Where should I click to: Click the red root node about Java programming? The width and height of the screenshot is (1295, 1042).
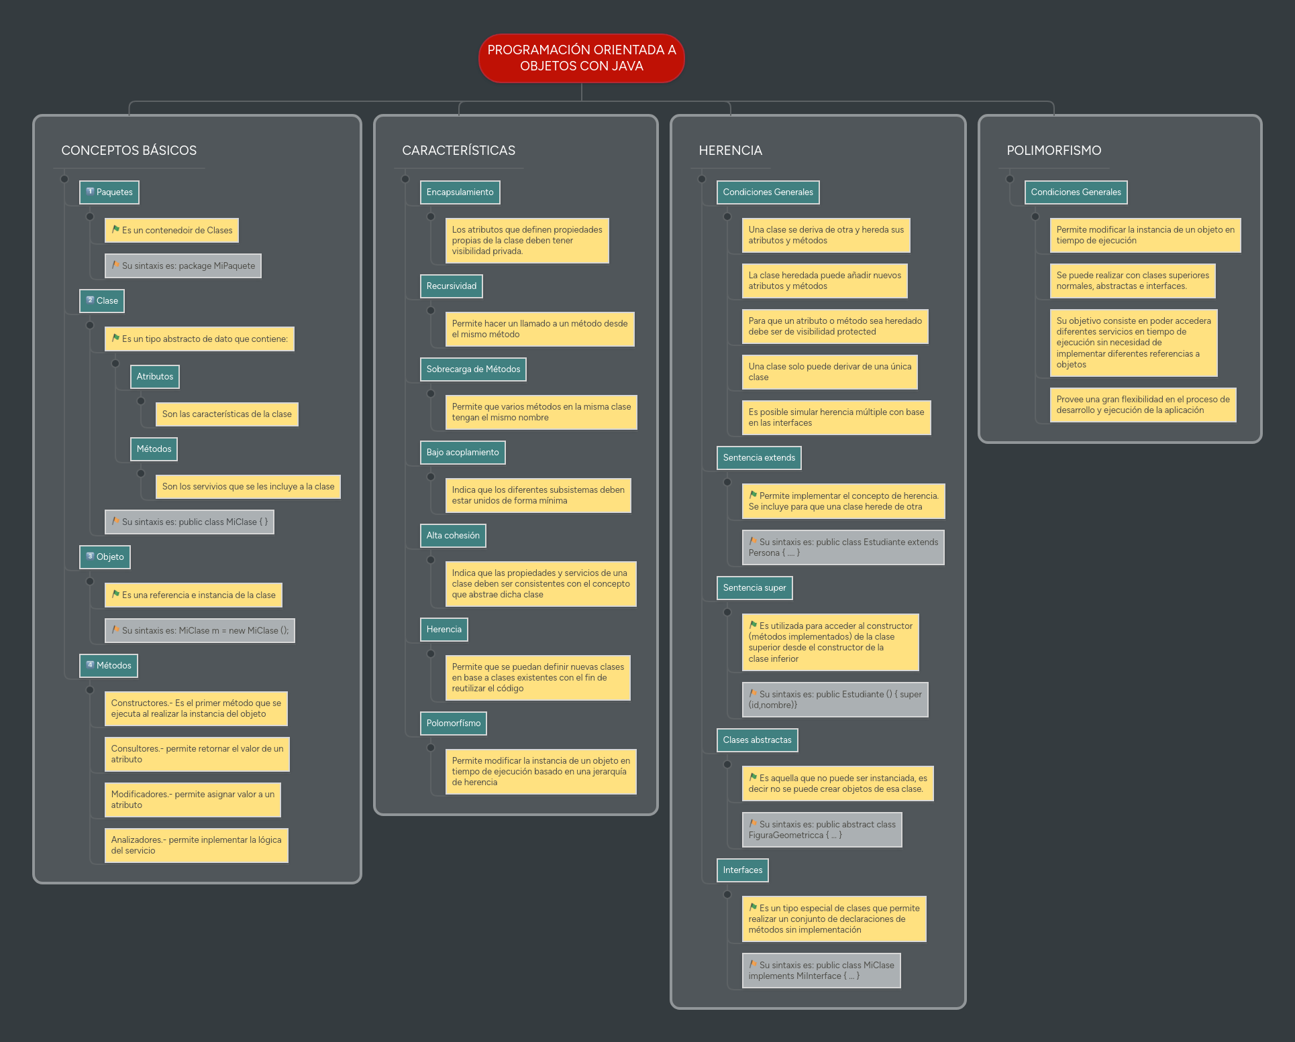click(581, 58)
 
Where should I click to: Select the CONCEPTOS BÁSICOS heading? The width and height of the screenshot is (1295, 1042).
click(129, 150)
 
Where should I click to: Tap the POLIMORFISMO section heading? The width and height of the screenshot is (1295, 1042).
click(1053, 150)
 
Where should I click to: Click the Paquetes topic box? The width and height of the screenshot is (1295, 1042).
click(109, 192)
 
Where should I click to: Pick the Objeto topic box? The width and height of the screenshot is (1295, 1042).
click(105, 557)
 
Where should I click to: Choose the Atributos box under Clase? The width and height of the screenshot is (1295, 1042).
click(155, 377)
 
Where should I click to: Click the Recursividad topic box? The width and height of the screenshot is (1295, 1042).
click(451, 286)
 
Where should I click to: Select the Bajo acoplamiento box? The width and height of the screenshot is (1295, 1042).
click(462, 453)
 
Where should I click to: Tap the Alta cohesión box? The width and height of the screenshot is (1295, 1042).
click(453, 536)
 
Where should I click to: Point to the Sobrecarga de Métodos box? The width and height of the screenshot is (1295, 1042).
click(473, 369)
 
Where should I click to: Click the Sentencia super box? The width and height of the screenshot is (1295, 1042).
click(754, 588)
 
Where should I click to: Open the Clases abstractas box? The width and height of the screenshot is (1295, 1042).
click(757, 740)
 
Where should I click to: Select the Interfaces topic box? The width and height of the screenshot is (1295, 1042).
click(742, 870)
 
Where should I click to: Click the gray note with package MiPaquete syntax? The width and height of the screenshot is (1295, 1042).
click(183, 266)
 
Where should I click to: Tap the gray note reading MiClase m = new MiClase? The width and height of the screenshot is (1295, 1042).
click(200, 631)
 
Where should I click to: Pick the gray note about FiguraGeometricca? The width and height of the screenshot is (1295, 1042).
click(822, 830)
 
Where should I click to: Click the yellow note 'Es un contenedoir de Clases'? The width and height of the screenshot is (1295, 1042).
click(172, 231)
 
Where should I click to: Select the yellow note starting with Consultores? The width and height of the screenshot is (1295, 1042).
click(197, 754)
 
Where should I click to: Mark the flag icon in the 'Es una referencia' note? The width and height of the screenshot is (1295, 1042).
click(115, 595)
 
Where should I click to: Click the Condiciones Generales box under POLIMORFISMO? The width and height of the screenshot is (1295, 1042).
click(1076, 192)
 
